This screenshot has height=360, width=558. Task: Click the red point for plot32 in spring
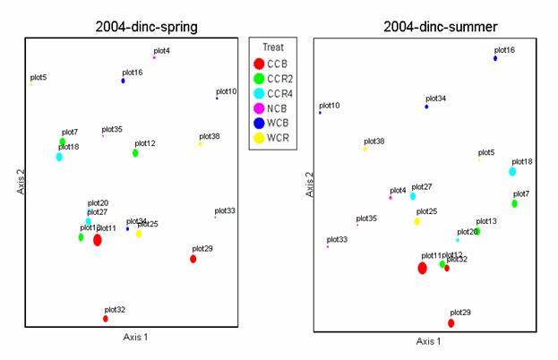click(x=106, y=319)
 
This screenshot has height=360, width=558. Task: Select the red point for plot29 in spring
click(x=193, y=259)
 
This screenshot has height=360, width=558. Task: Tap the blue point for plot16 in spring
click(x=124, y=81)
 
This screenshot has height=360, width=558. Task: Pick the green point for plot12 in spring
click(x=135, y=153)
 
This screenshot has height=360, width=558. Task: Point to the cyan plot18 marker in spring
click(x=59, y=157)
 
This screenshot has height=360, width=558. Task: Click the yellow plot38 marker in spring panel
click(x=200, y=144)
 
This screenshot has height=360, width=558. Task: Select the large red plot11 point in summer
click(x=422, y=268)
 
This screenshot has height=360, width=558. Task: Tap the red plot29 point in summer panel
click(x=451, y=323)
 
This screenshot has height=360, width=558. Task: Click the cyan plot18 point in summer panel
click(x=512, y=172)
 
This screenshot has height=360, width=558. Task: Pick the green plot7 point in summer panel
click(x=514, y=203)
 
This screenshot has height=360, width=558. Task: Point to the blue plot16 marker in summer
click(x=495, y=58)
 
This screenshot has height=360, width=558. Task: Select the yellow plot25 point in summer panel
click(x=416, y=221)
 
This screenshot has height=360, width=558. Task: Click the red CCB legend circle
click(x=259, y=64)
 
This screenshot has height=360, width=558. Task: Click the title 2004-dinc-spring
click(x=147, y=26)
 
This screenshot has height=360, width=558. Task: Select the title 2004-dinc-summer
click(x=434, y=27)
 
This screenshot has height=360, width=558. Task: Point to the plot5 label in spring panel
click(x=39, y=78)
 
